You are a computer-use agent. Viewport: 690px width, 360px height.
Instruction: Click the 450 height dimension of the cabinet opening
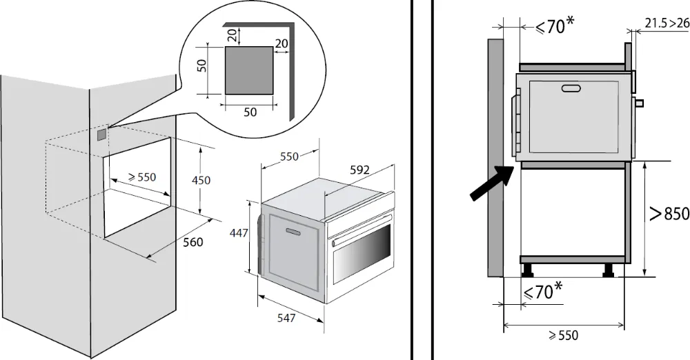201,180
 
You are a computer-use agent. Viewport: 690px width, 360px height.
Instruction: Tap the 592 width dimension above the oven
359,170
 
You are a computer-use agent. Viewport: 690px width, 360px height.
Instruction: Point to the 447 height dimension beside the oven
238,234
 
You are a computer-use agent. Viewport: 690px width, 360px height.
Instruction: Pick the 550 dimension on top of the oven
289,157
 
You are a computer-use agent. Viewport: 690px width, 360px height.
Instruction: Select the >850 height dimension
669,214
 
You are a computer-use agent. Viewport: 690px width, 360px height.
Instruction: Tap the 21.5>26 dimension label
667,23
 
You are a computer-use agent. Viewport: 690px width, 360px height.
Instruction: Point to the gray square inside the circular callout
248,70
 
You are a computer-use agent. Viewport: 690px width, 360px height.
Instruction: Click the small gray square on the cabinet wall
101,134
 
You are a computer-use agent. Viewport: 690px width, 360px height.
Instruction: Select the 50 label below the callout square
249,112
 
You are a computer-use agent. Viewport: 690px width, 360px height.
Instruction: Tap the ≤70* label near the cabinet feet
542,292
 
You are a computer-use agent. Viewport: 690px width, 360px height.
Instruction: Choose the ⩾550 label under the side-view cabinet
562,336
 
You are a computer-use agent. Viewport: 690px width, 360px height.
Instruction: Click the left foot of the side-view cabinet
528,269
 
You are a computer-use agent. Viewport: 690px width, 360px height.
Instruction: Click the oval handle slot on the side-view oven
572,88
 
